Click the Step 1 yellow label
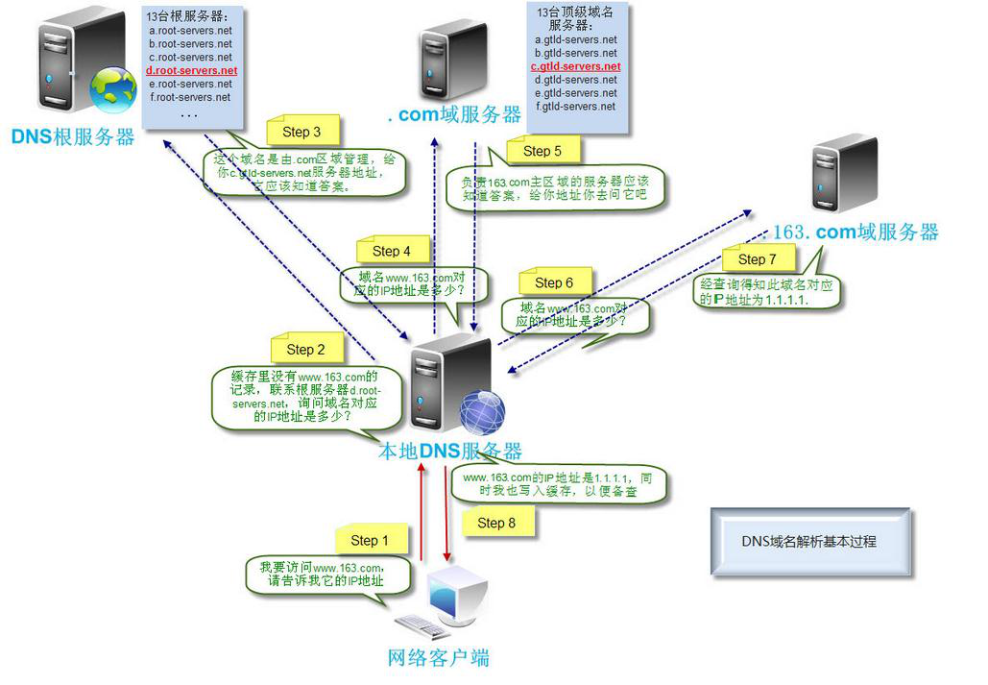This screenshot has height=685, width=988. point(371,540)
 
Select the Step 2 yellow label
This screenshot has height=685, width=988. point(306,350)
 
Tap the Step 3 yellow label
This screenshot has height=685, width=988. point(301,132)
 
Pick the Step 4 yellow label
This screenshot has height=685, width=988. point(391,251)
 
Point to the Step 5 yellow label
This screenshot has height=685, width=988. point(542,151)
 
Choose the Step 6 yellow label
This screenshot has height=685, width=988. point(554,282)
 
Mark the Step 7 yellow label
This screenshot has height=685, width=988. point(758,259)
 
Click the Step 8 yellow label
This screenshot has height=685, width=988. point(496,523)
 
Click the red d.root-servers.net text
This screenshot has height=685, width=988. point(191,71)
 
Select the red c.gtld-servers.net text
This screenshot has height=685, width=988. point(575,67)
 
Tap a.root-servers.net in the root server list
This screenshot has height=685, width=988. point(190,31)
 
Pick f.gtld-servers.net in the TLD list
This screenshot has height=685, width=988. point(575,107)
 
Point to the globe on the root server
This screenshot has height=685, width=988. point(113,89)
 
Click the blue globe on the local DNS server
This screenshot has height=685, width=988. point(482,414)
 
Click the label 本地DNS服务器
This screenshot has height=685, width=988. point(450,452)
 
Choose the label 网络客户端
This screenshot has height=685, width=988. point(438,658)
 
